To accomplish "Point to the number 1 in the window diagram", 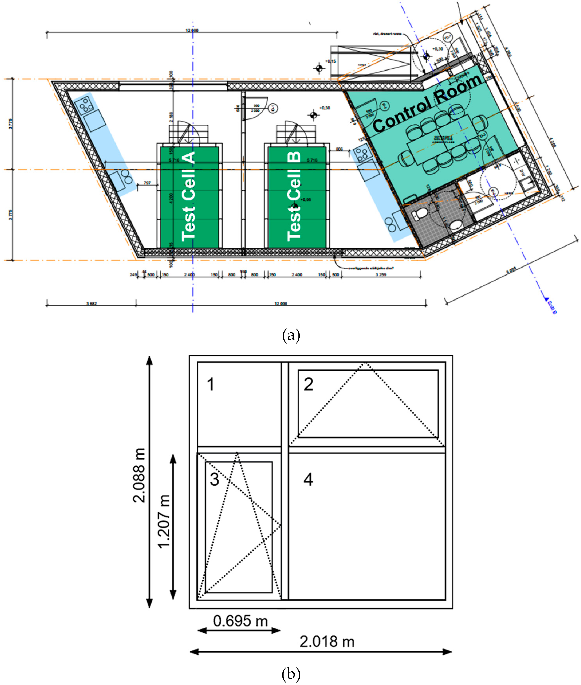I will pos(211,384).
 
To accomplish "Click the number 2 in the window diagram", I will pos(308,384).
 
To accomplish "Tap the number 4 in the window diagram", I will pos(308,480).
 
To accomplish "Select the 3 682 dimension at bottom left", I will pos(92,304).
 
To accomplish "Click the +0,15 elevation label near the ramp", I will pos(331,61).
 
